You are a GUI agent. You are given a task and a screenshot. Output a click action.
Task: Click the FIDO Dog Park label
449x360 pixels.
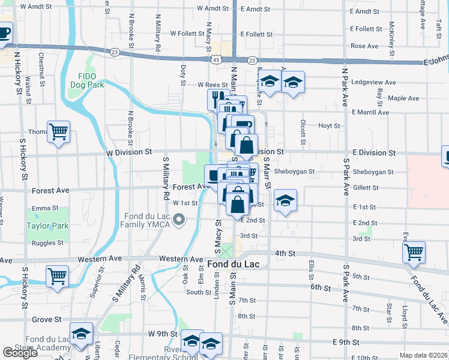pyautogui.click(x=91, y=80)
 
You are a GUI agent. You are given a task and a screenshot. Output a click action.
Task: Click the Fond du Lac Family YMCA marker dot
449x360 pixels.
pyautogui.click(x=178, y=221)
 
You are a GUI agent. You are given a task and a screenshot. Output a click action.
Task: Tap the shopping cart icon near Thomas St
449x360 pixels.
pyautogui.click(x=58, y=131)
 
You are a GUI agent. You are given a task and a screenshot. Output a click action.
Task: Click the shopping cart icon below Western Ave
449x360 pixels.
pyautogui.click(x=57, y=276)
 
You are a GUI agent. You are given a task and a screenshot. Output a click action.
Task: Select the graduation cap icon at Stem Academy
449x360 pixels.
pyautogui.click(x=81, y=334)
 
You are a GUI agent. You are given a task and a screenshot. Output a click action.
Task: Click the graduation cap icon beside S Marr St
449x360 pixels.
pyautogui.click(x=285, y=201)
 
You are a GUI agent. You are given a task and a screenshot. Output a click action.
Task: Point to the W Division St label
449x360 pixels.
pyautogui.click(x=128, y=152)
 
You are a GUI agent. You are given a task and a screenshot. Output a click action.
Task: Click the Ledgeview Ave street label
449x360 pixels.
pyautogui.click(x=375, y=82)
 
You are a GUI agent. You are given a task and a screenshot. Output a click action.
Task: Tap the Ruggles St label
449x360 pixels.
pyautogui.click(x=48, y=243)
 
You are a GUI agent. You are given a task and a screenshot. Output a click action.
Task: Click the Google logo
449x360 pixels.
pyautogui.click(x=20, y=353)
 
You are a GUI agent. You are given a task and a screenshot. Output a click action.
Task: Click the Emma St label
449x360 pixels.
pyautogui.click(x=45, y=208)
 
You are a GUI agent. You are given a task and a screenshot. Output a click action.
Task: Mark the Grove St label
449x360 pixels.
pyautogui.click(x=45, y=320)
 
